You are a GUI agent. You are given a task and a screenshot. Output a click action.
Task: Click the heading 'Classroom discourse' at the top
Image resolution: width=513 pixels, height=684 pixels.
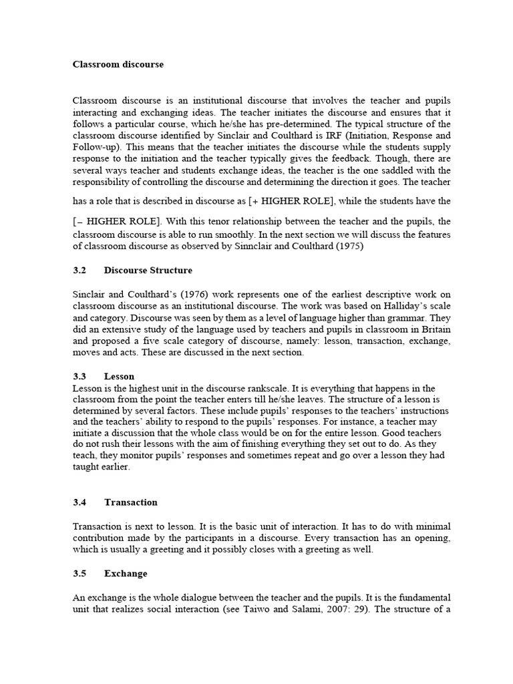(118, 65)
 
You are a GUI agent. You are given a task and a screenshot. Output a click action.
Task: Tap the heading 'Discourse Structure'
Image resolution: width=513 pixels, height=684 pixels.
(148, 271)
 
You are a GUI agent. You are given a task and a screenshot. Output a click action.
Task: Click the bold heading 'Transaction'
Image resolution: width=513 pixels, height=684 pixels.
(131, 502)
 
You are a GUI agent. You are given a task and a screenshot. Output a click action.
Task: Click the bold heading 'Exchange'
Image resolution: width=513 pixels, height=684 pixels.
(126, 574)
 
